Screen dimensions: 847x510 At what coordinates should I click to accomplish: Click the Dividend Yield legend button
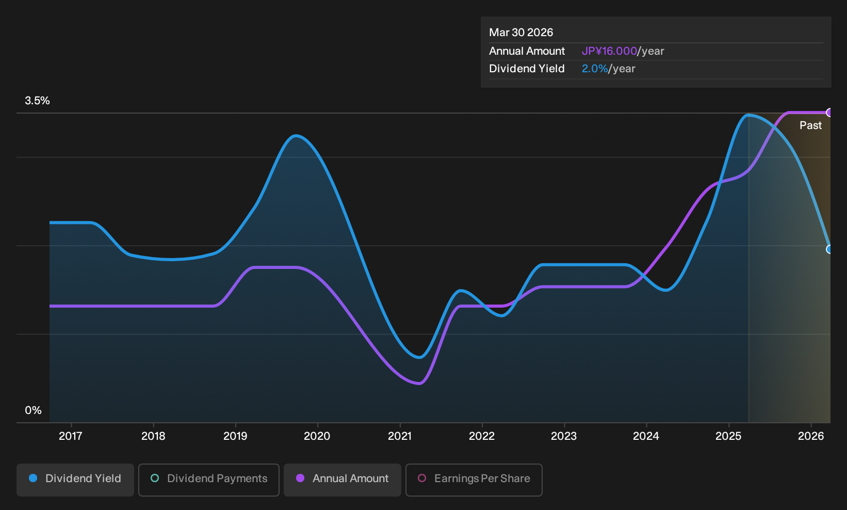tap(75, 480)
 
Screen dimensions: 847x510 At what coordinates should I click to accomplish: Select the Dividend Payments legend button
tap(209, 480)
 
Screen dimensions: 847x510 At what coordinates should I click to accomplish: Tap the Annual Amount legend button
tap(342, 480)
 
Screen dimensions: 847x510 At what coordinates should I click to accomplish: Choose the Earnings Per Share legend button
tap(474, 480)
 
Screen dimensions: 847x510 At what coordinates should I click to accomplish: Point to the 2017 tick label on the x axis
tap(71, 436)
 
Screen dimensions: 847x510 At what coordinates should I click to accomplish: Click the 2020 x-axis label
tap(317, 436)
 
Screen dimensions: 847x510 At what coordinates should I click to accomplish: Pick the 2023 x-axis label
tap(564, 436)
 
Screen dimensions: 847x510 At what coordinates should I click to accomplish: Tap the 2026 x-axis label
tap(811, 436)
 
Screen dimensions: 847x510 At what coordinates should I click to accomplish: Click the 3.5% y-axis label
tap(37, 101)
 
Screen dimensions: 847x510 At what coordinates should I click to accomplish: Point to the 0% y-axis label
tap(34, 410)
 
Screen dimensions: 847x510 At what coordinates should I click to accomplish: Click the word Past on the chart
tap(810, 125)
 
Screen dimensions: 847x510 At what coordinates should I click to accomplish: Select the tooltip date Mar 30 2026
tap(521, 33)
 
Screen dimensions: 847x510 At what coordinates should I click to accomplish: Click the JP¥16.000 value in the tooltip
tap(609, 51)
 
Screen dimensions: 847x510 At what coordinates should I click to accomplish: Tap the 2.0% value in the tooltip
tap(595, 69)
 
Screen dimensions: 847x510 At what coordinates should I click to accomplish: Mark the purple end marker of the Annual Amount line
tap(829, 113)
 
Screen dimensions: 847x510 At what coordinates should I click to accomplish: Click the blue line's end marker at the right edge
tap(829, 249)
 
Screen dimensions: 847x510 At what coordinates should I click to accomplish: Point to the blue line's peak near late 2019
tap(296, 135)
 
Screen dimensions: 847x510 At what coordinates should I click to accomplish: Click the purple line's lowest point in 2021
tap(419, 384)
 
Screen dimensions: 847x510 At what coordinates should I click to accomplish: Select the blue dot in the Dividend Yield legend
tap(33, 478)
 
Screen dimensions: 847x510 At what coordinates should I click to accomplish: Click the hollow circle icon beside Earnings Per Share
tap(422, 478)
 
